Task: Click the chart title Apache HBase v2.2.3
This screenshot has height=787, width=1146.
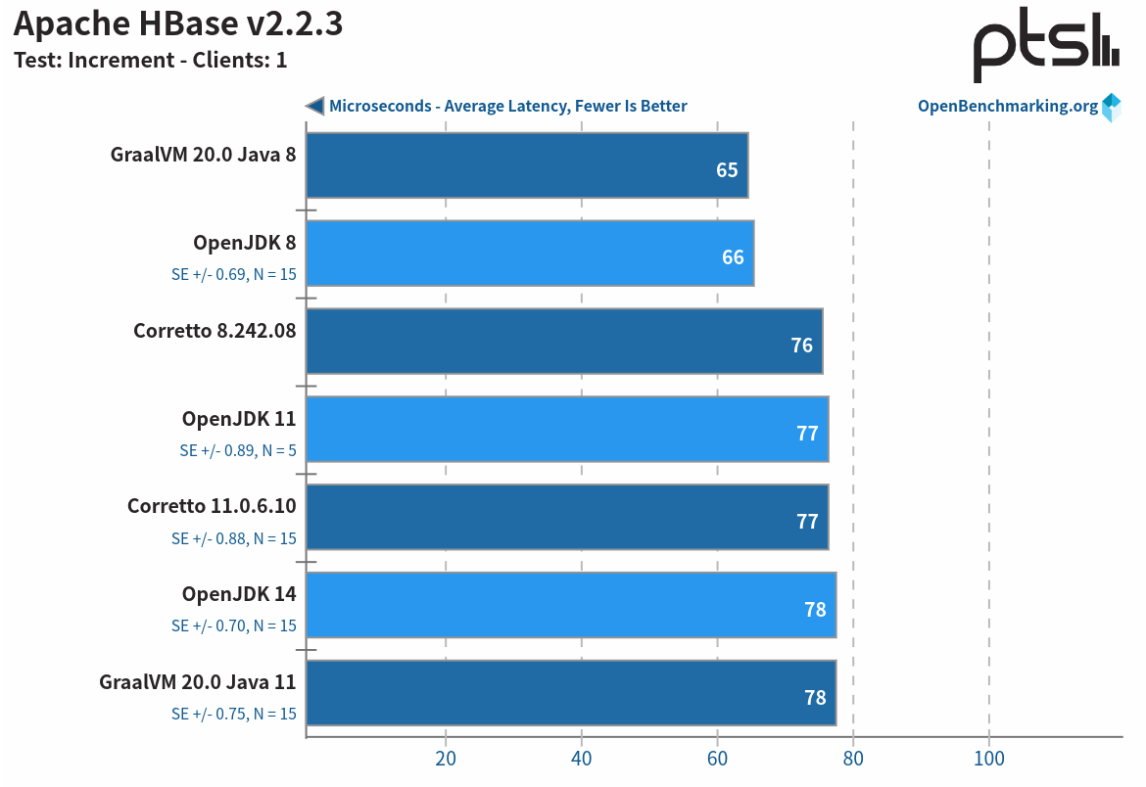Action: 178,23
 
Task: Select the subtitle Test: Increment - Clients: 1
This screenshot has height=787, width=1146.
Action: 150,60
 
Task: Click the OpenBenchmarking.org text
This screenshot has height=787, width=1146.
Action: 1007,107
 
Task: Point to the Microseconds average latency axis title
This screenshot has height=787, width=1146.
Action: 507,107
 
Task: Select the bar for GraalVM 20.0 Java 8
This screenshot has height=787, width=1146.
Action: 527,165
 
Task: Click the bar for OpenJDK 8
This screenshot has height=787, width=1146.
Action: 530,254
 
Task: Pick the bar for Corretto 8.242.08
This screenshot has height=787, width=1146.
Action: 564,342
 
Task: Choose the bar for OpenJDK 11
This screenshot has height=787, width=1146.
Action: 567,430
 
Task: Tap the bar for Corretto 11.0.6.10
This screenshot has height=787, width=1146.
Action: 567,518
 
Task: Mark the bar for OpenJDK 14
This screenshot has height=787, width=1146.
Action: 571,606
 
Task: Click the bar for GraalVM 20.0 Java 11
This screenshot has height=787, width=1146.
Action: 571,694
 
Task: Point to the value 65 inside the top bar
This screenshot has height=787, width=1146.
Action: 726,170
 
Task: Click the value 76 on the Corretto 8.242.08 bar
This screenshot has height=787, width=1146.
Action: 801,346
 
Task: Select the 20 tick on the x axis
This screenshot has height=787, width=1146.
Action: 446,760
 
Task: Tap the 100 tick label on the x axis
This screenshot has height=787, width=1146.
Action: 988,760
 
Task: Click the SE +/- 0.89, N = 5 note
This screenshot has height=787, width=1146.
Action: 237,451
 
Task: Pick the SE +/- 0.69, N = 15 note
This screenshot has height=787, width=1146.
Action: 233,275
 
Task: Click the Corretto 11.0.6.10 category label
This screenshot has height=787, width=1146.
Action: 212,506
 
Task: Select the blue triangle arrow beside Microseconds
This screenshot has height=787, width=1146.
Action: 315,106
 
